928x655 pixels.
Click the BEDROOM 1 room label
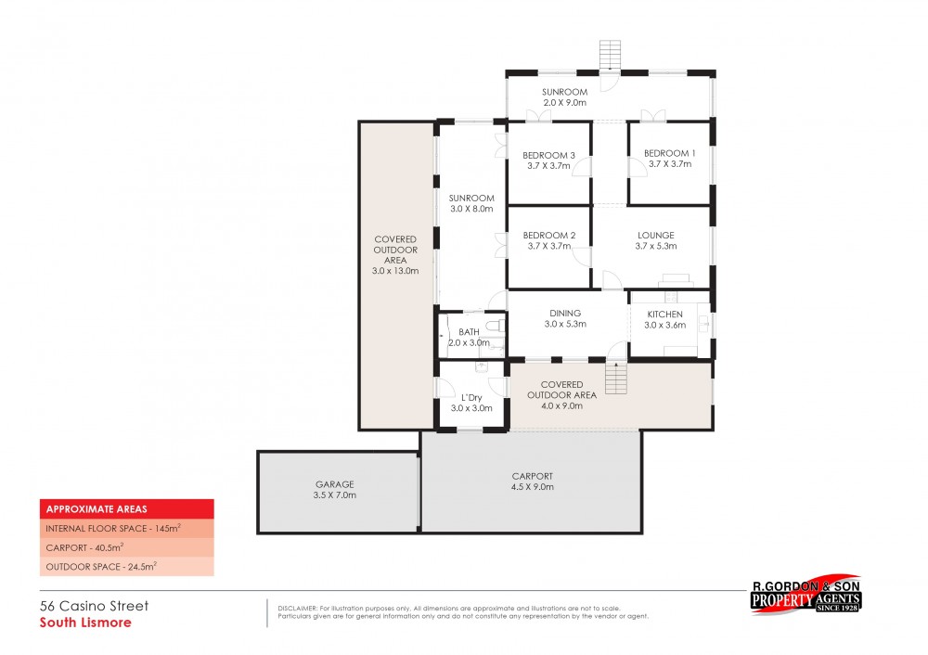pos(669,153)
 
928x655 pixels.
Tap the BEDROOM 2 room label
pos(548,236)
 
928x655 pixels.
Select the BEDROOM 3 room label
pos(548,155)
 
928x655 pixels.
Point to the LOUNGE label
pos(655,235)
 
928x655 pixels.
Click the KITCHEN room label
pos(664,315)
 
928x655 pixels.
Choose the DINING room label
pos(564,314)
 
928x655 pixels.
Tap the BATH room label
pos(469,331)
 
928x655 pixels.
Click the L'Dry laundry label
pos(470,396)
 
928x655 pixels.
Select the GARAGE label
pos(333,484)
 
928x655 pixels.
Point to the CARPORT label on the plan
pos(531,476)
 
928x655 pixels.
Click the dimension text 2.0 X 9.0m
pos(565,103)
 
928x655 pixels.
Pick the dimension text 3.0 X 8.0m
pos(471,210)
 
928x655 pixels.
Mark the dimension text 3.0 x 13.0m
pos(396,272)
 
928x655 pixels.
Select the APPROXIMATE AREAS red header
pos(126,508)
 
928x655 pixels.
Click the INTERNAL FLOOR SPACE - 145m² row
pos(126,528)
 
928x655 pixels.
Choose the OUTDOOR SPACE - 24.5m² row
pos(126,566)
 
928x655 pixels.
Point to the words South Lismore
pos(85,623)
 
